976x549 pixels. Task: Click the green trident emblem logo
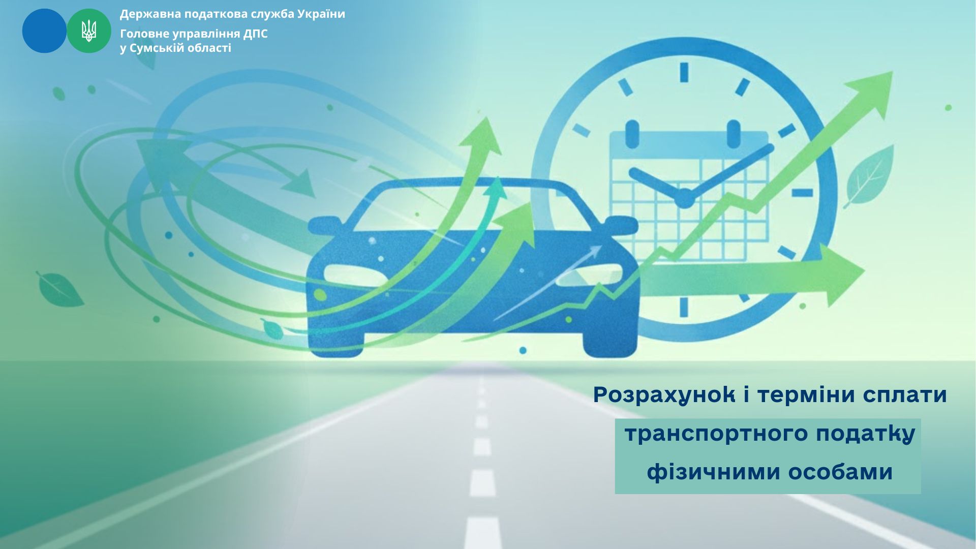point(89,31)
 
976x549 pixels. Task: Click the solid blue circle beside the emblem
point(44,31)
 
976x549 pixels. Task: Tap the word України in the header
point(321,14)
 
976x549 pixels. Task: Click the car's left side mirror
point(324,225)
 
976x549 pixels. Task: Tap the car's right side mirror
point(621,225)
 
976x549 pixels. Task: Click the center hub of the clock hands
point(684,198)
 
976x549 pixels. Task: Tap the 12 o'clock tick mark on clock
point(684,72)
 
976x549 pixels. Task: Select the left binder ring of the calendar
point(632,134)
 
